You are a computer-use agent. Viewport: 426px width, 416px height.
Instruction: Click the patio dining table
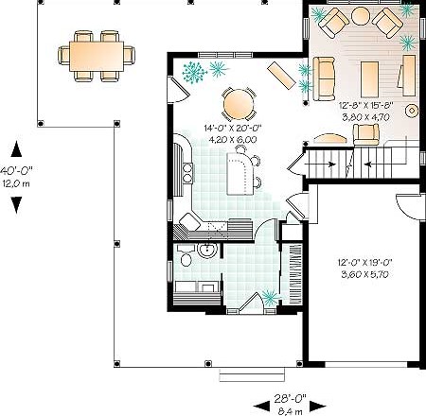click(97, 56)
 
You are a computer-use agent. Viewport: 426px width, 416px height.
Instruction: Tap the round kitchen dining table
click(239, 104)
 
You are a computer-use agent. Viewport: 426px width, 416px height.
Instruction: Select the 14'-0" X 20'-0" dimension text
click(233, 128)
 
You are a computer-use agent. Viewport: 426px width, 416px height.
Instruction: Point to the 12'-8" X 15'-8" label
click(366, 105)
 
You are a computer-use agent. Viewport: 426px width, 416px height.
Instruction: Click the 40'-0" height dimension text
click(16, 171)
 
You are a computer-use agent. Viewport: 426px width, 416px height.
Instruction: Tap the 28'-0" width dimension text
click(290, 399)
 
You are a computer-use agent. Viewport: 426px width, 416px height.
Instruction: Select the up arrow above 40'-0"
click(16, 148)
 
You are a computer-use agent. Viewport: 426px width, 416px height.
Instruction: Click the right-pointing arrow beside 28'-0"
click(317, 407)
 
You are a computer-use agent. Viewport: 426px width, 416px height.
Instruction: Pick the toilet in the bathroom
click(186, 256)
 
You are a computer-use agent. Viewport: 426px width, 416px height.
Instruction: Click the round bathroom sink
click(207, 251)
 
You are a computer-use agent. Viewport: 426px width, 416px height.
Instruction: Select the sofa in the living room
click(324, 78)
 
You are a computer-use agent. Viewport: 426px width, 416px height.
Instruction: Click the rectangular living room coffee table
click(369, 79)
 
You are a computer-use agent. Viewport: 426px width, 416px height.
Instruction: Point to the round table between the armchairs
click(361, 16)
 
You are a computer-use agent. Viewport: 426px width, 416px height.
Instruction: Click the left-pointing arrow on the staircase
click(369, 164)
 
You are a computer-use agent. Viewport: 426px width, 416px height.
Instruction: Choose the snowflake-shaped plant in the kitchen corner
click(194, 72)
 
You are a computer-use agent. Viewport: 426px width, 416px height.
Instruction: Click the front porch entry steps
click(252, 375)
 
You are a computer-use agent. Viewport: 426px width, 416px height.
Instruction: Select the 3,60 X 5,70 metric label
click(364, 274)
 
